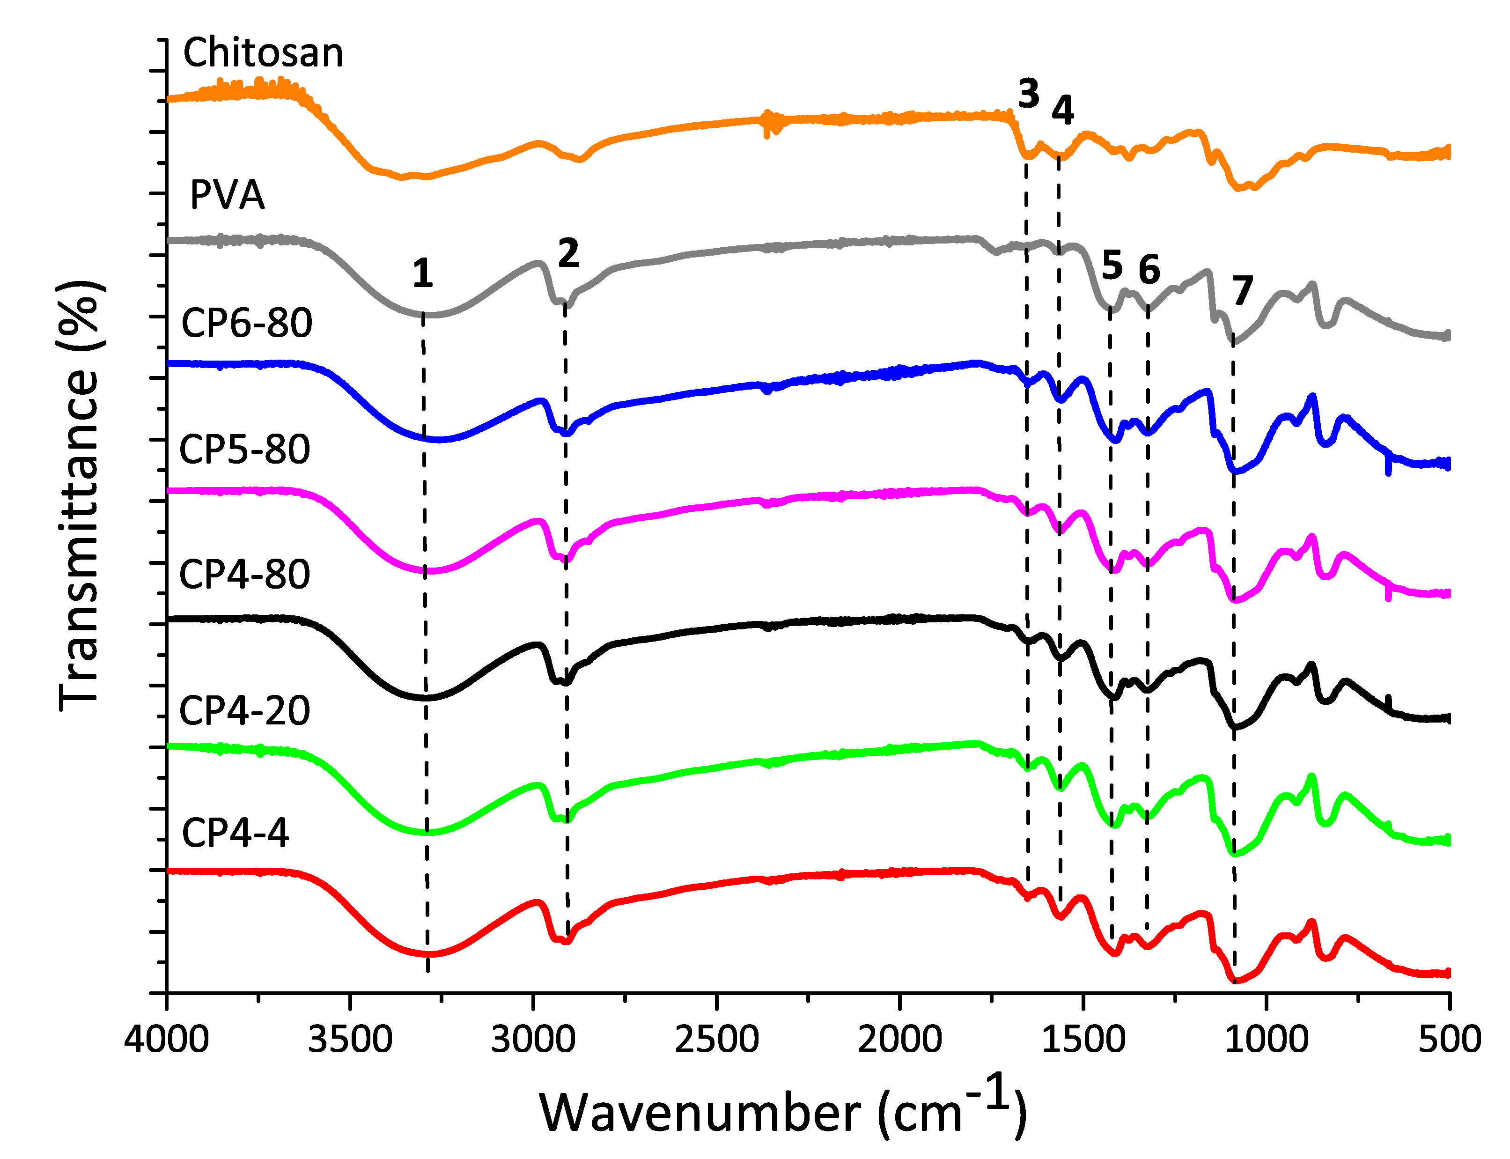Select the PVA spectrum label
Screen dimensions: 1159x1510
pyautogui.click(x=227, y=195)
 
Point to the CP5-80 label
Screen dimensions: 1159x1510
pyautogui.click(x=244, y=450)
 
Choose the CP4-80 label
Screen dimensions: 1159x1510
pyautogui.click(x=244, y=574)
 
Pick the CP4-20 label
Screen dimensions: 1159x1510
pyautogui.click(x=244, y=710)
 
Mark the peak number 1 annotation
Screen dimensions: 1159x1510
pyautogui.click(x=422, y=274)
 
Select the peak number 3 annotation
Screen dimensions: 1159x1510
pyautogui.click(x=1028, y=94)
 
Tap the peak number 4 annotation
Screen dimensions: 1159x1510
pyautogui.click(x=1062, y=111)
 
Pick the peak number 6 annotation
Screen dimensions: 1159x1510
pyautogui.click(x=1149, y=269)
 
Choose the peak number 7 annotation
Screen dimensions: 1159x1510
pyautogui.click(x=1242, y=290)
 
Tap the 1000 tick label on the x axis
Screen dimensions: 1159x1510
pyautogui.click(x=1267, y=1039)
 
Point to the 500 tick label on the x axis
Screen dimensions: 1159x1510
pyautogui.click(x=1449, y=1039)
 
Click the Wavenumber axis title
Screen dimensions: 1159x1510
pyautogui.click(x=783, y=1111)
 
